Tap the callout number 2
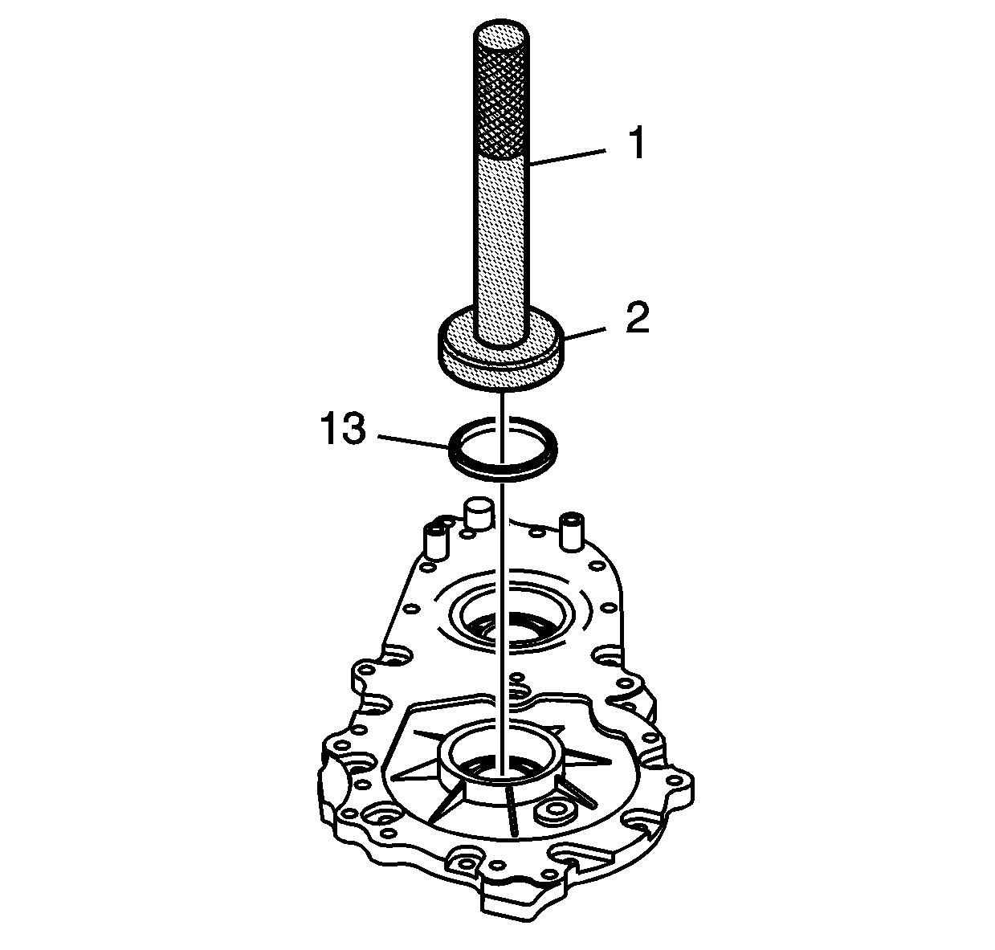click(x=638, y=317)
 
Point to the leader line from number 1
click(x=568, y=157)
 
